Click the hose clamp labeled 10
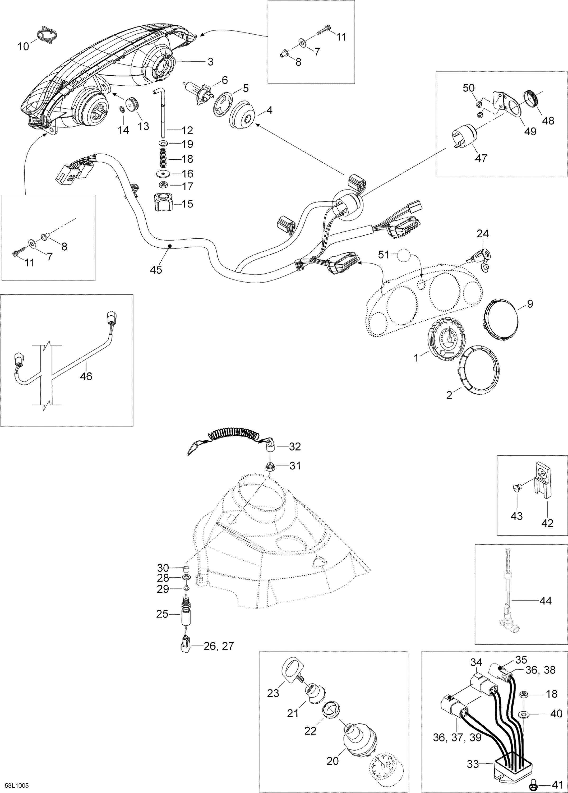pos(48,35)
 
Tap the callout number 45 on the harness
pos(156,270)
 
